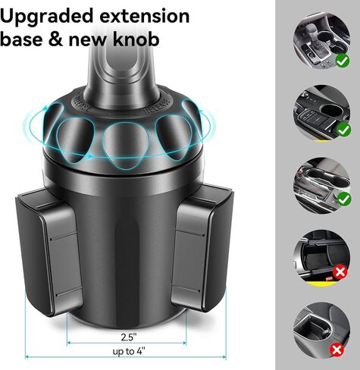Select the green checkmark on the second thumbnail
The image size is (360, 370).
343,129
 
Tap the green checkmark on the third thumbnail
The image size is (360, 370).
343,200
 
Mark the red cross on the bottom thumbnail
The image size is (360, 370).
343,348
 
